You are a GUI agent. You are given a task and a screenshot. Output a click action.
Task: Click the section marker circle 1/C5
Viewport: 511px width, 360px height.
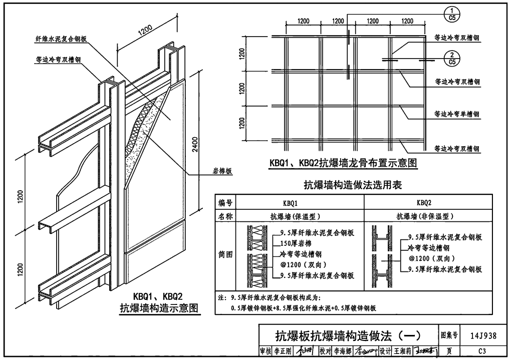(452, 15)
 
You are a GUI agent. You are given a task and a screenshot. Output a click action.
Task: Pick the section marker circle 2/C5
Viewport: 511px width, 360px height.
(452, 59)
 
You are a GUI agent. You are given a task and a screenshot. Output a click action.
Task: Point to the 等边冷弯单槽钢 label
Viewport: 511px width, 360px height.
(456, 115)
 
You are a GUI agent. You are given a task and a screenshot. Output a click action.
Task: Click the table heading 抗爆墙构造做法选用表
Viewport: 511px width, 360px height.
(353, 185)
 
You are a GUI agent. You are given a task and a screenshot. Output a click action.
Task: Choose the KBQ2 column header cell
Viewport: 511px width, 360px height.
(424, 203)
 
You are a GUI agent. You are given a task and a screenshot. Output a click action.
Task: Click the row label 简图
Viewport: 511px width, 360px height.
(225, 254)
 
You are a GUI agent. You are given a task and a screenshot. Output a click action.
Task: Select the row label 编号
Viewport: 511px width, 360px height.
(225, 203)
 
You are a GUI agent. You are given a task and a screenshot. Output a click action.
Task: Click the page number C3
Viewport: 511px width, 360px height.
(482, 351)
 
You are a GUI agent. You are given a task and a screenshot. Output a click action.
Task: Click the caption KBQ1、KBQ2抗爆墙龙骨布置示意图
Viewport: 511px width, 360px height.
(343, 163)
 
